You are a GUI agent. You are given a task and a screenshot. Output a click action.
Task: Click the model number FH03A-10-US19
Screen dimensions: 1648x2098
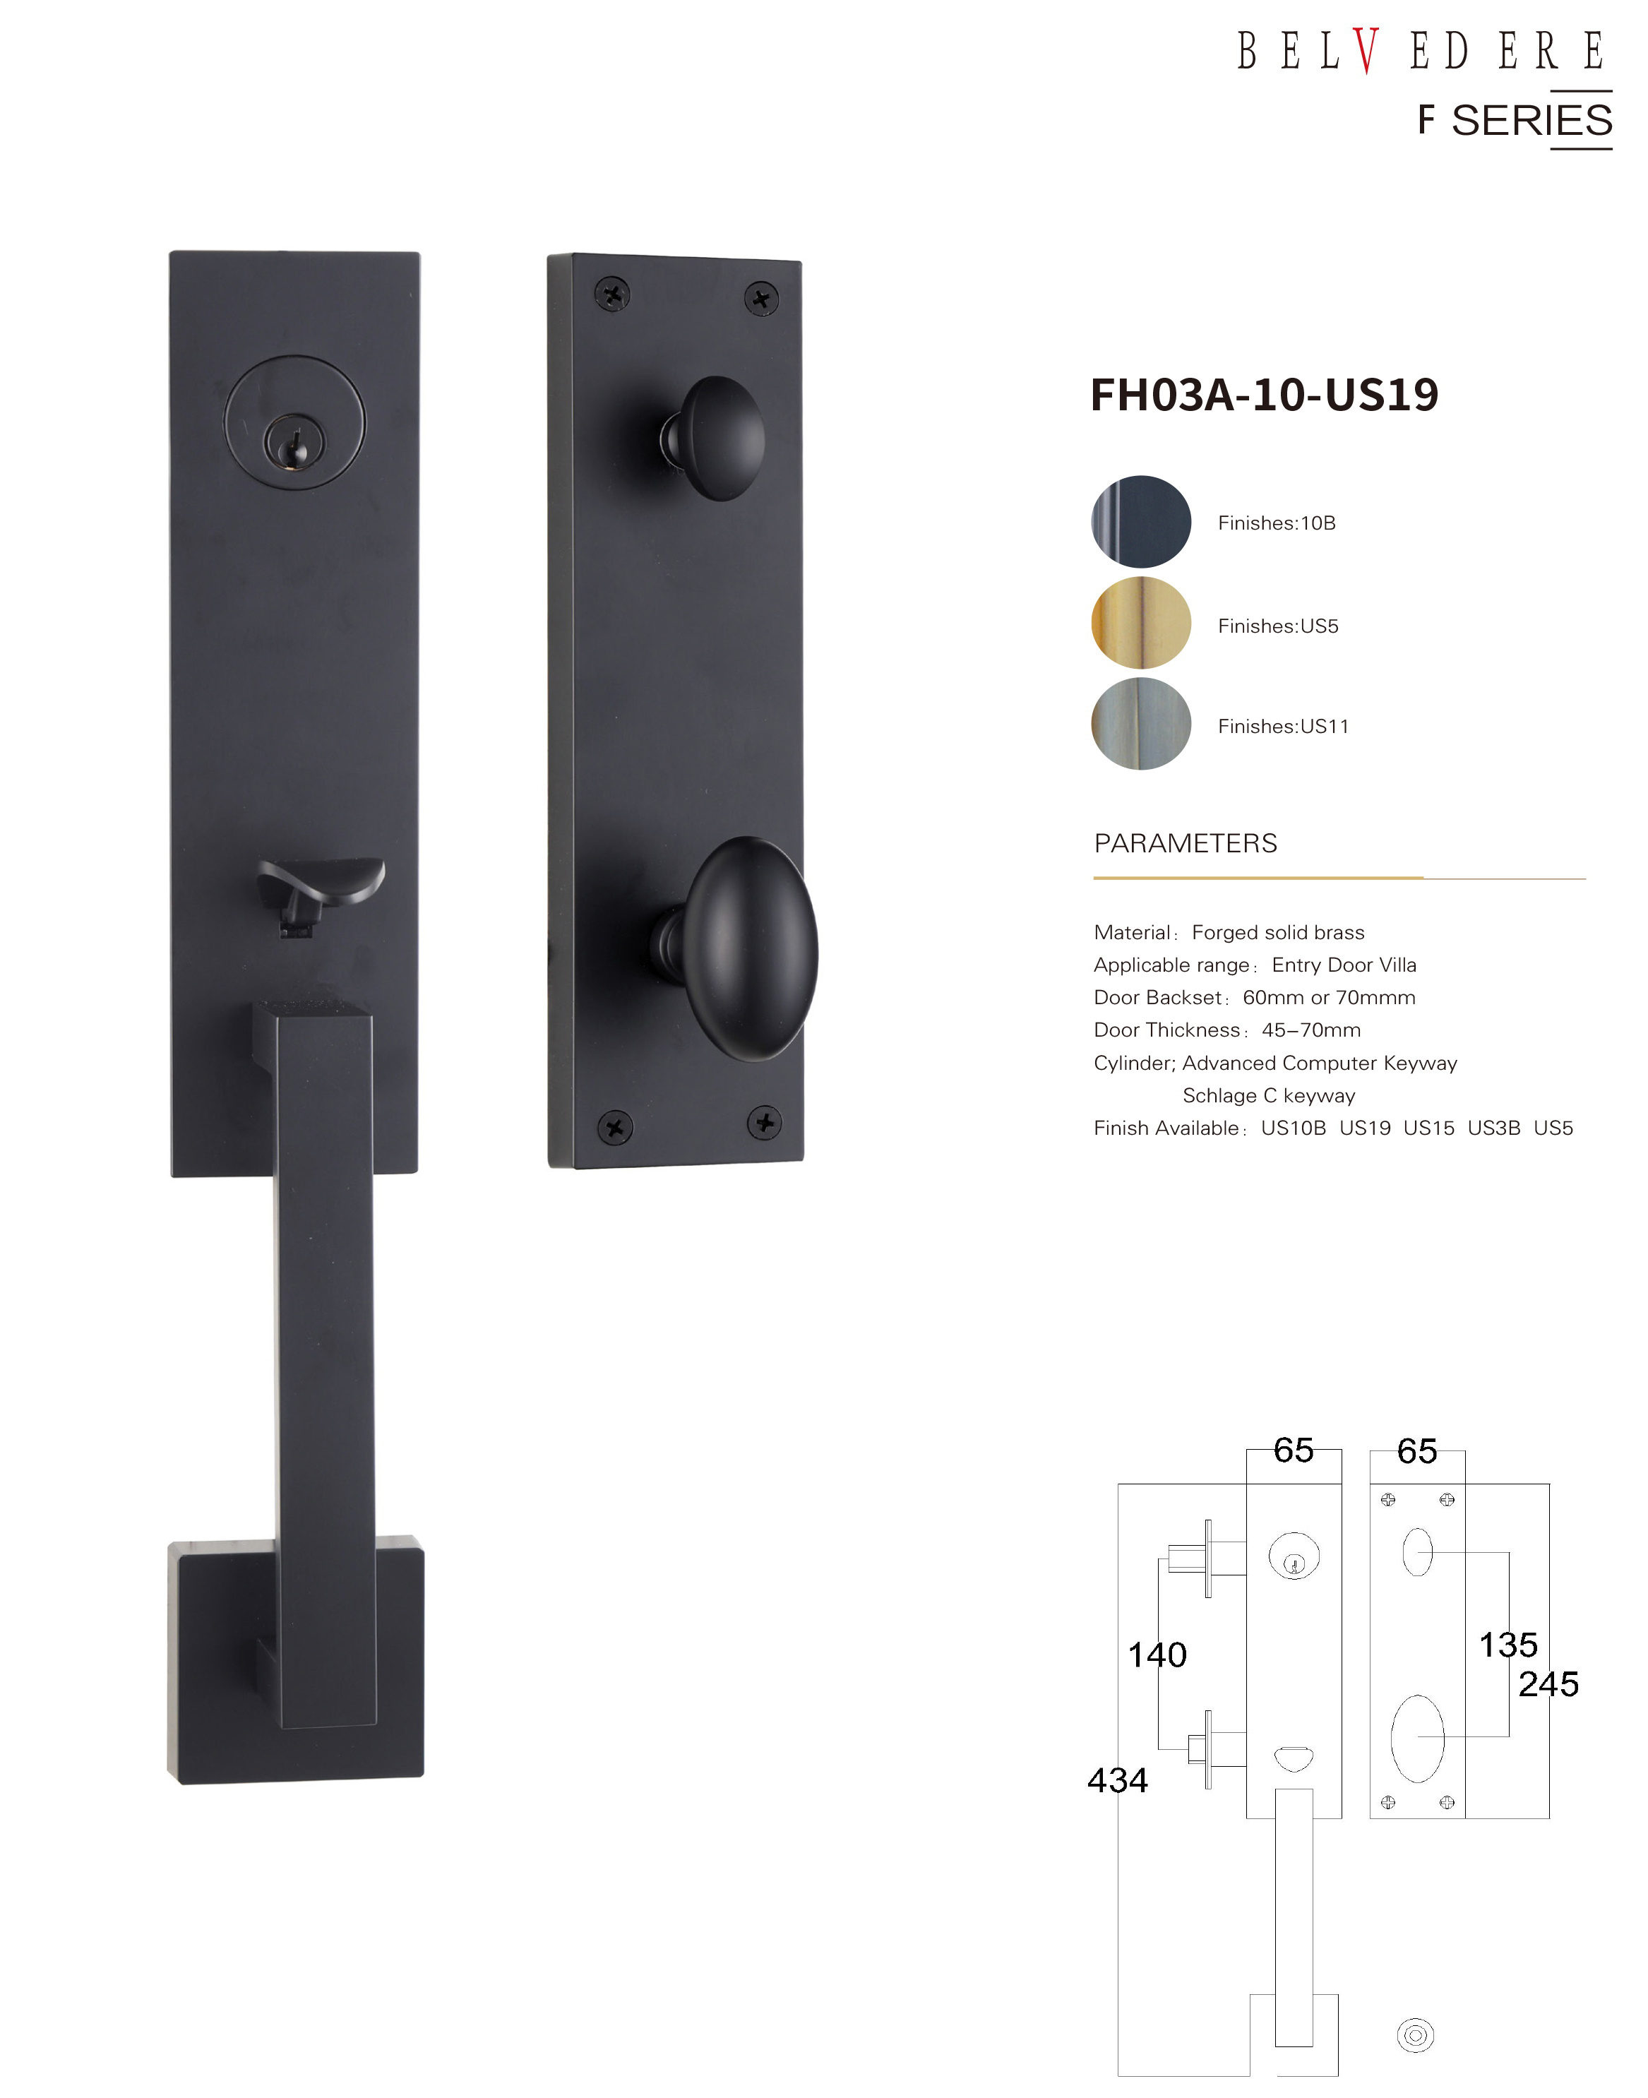tap(1264, 394)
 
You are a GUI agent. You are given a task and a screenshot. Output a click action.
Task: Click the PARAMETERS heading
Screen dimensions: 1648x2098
tap(1185, 843)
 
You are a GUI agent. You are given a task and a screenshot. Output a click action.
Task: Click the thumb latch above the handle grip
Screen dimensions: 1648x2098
tap(321, 893)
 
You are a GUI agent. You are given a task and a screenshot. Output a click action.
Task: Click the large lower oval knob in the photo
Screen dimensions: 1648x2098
tap(743, 950)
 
